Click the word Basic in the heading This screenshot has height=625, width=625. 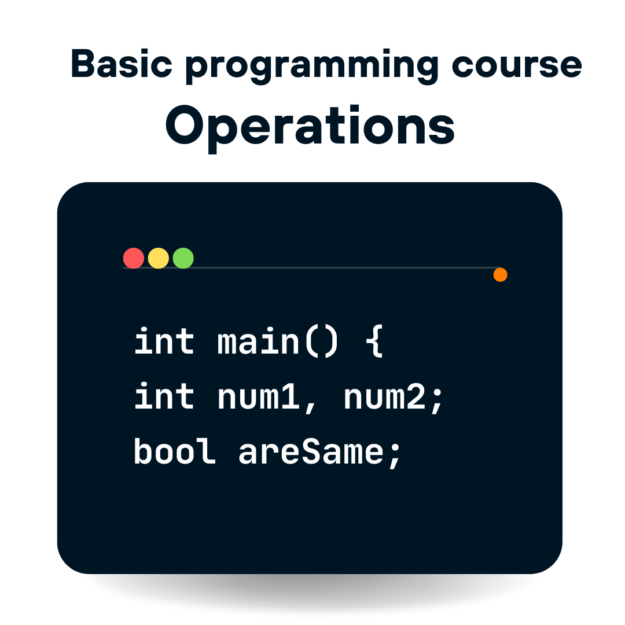[x=122, y=64]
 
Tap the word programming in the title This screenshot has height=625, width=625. [x=312, y=67]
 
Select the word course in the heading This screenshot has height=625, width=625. [x=517, y=65]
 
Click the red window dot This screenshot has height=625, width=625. [x=134, y=258]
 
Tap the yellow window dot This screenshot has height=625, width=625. [x=158, y=258]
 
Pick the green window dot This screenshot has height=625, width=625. [x=183, y=258]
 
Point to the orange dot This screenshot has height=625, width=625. [x=500, y=275]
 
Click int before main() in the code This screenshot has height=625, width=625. [x=164, y=341]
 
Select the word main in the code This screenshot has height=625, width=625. [x=258, y=341]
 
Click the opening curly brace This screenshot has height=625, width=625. [x=374, y=341]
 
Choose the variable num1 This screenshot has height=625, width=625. [x=258, y=398]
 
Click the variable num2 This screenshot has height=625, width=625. [x=385, y=398]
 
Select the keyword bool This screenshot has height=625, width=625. [x=175, y=451]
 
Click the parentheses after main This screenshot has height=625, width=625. [x=322, y=341]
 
